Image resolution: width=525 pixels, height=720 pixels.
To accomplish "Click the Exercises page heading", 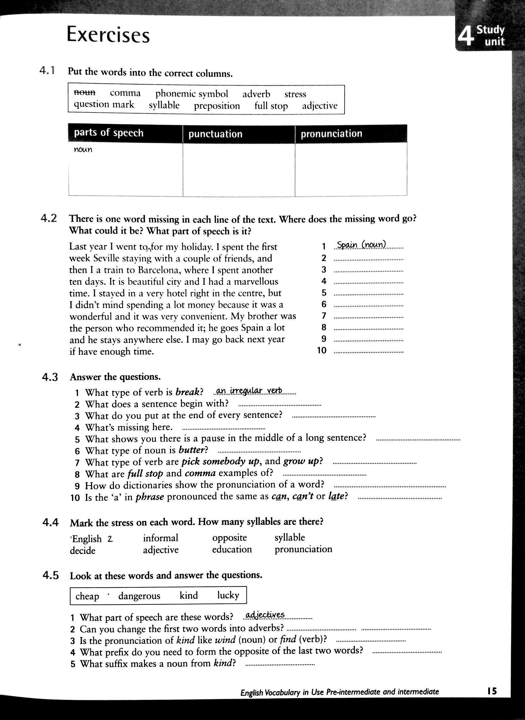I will pos(108,35).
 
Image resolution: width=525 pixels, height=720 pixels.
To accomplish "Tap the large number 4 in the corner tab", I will pos(465,36).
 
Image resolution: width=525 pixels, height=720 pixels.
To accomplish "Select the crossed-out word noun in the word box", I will pos(84,92).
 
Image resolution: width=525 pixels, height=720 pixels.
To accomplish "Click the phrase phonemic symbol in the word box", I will pos(192,94).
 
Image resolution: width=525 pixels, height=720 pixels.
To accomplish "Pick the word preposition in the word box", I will pos(217,106).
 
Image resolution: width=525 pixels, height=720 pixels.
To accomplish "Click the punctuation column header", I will pos(215,134).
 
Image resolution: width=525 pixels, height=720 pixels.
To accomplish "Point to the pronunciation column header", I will pos(331,133).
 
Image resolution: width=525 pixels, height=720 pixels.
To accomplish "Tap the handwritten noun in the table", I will pos(83,150).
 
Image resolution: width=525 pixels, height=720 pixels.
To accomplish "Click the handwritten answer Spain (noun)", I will pos(361,245).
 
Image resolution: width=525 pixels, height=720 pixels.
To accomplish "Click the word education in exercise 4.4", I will pos(232,549).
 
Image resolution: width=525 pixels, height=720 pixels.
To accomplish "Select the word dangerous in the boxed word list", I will pos(139,596).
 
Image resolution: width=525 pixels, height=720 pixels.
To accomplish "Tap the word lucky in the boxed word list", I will pos(228,595).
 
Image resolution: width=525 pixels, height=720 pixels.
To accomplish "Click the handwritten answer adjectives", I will pos(265,615).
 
